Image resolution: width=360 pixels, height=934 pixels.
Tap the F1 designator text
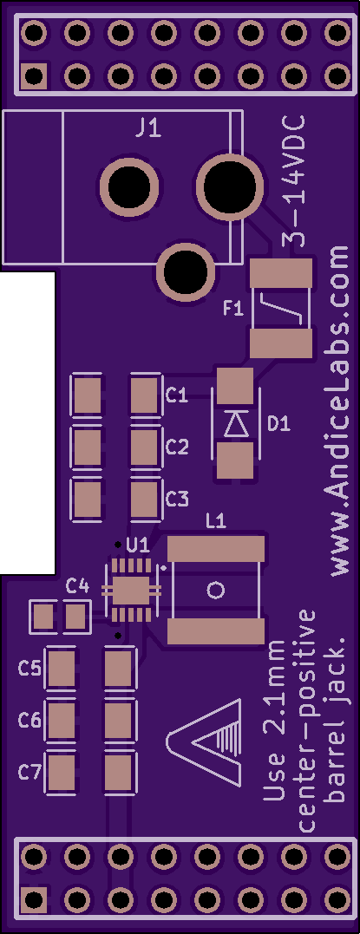(233, 309)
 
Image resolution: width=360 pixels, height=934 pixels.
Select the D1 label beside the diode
(278, 424)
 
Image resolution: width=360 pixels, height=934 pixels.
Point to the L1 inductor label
(215, 522)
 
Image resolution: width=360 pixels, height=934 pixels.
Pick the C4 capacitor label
(77, 587)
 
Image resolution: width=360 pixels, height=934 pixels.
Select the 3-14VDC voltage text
(293, 181)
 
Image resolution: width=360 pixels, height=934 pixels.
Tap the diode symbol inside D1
(235, 424)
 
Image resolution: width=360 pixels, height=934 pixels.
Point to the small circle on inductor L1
(215, 591)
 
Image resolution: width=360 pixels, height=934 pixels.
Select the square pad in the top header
(34, 76)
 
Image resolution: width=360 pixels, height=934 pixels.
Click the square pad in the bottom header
(34, 898)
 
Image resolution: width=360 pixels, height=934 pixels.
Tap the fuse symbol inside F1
(281, 308)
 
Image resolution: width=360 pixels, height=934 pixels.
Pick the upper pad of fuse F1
(281, 273)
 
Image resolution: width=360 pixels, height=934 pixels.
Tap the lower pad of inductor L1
(215, 630)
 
